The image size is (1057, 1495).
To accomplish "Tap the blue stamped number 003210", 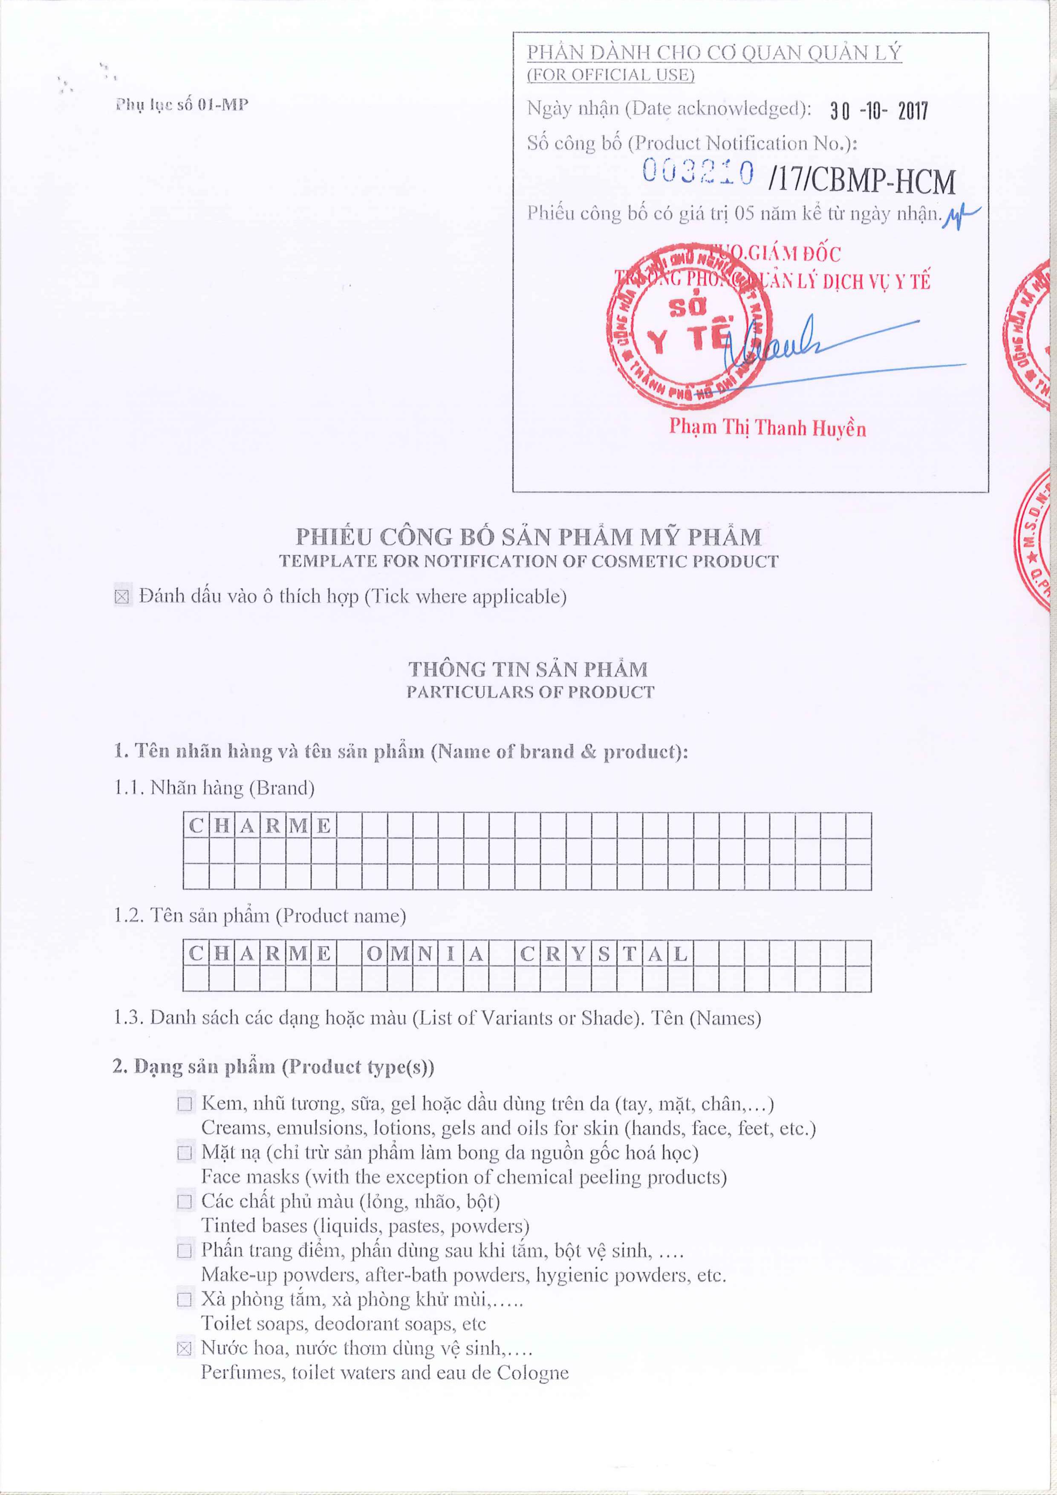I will [x=698, y=172].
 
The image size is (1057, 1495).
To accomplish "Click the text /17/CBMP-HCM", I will [x=862, y=182].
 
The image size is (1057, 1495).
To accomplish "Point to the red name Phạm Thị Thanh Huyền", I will [x=767, y=428].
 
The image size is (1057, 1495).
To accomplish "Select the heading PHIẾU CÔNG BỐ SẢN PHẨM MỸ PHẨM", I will [x=528, y=537].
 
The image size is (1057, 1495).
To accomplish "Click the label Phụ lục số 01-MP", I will [x=182, y=105].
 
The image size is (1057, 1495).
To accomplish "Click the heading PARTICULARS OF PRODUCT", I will [x=530, y=692].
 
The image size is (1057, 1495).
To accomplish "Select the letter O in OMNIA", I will [x=375, y=954].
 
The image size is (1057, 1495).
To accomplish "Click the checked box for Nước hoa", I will [x=185, y=1348].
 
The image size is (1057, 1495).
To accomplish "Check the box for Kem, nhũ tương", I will [x=185, y=1104].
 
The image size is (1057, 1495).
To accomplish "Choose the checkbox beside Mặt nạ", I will [x=185, y=1153].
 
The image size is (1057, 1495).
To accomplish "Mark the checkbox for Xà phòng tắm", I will [x=185, y=1300].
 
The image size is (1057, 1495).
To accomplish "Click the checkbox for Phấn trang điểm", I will [x=185, y=1251].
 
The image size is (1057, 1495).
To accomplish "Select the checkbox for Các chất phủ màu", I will [x=185, y=1202].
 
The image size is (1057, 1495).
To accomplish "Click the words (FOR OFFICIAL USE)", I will [x=610, y=75].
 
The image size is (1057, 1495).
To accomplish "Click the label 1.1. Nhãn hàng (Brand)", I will [x=214, y=788].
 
